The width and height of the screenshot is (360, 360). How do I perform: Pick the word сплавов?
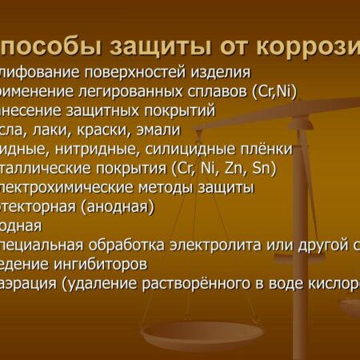[x=213, y=91]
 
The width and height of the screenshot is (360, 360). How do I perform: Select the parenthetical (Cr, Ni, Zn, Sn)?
[x=207, y=168]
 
